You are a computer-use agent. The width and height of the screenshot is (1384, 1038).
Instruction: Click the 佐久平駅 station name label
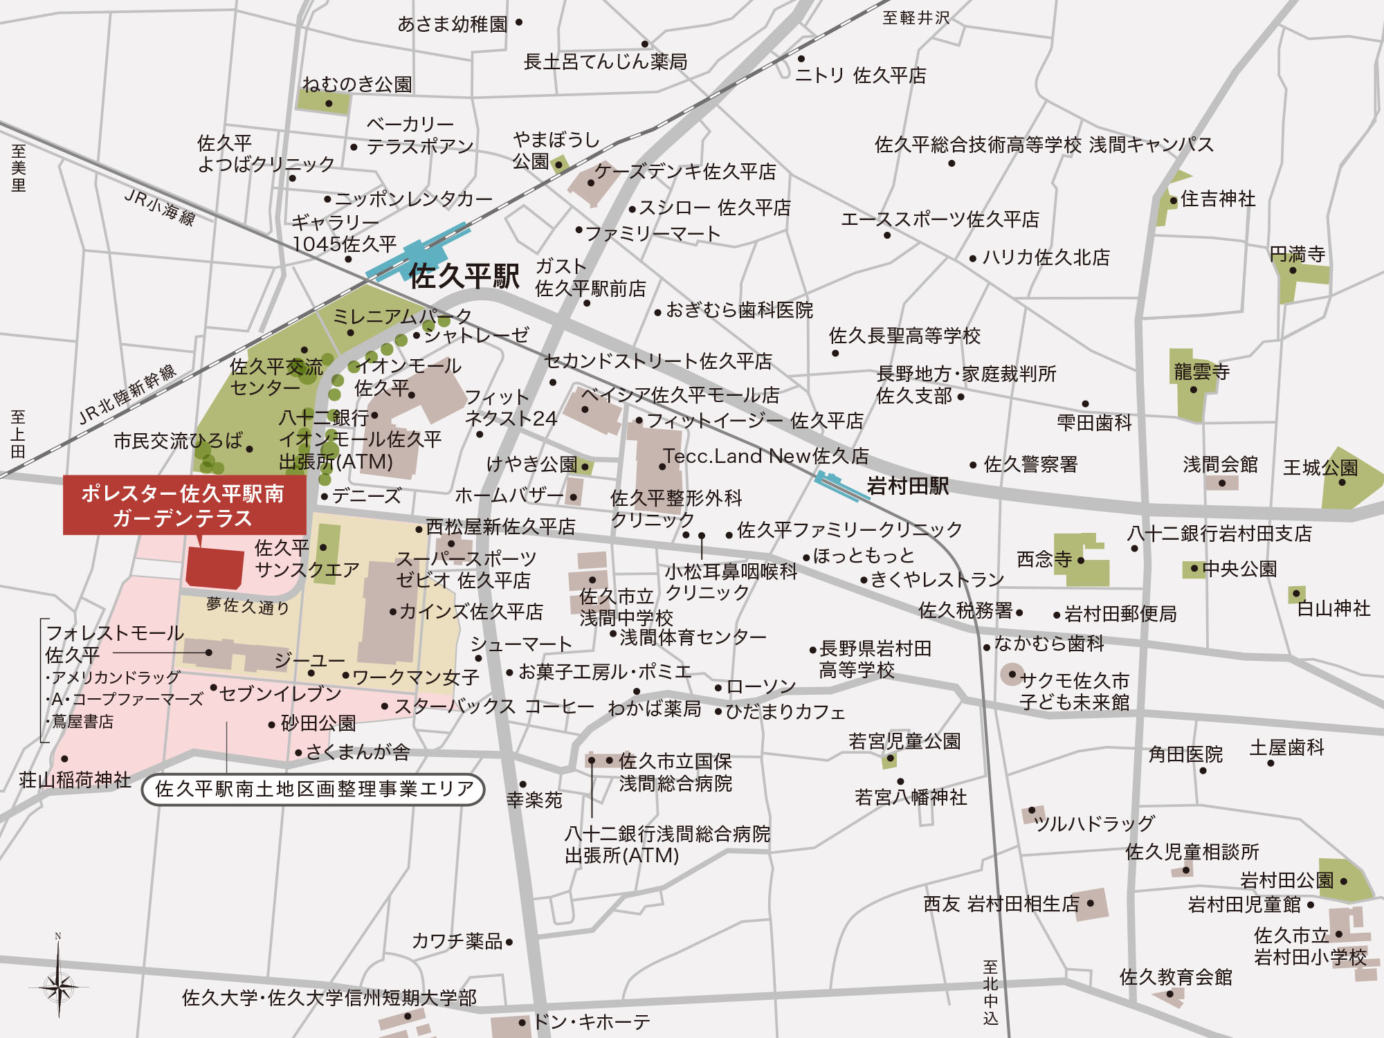click(x=464, y=276)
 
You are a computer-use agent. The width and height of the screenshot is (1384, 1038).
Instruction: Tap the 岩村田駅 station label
click(x=907, y=486)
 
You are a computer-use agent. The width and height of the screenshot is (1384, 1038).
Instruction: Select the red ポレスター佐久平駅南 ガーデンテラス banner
click(x=183, y=506)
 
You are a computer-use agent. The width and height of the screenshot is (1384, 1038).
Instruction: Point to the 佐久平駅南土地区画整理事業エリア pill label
click(x=313, y=789)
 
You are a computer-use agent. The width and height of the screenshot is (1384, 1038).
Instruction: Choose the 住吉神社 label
click(x=1217, y=199)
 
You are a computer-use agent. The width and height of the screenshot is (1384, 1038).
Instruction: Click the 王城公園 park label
click(x=1320, y=468)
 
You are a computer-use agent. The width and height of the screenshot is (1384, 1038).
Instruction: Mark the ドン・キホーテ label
click(x=592, y=1021)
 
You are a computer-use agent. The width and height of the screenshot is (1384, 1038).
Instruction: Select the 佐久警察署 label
click(x=1030, y=464)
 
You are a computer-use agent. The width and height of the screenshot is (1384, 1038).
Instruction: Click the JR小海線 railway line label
click(x=160, y=207)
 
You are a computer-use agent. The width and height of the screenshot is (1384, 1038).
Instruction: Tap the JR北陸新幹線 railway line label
click(x=128, y=394)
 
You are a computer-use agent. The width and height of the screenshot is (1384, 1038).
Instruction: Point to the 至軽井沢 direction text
click(x=916, y=18)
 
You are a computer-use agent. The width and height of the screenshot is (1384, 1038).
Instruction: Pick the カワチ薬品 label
click(x=457, y=941)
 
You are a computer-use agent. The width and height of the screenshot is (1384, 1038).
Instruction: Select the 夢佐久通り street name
click(x=248, y=606)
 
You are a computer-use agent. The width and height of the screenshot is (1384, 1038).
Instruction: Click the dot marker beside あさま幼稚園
click(x=519, y=23)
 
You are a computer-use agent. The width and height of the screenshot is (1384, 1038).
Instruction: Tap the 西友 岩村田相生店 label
click(x=1001, y=904)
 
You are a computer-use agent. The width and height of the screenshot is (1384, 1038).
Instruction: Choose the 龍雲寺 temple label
click(x=1201, y=372)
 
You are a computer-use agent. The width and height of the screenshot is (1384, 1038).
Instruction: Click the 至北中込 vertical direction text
click(x=991, y=992)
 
